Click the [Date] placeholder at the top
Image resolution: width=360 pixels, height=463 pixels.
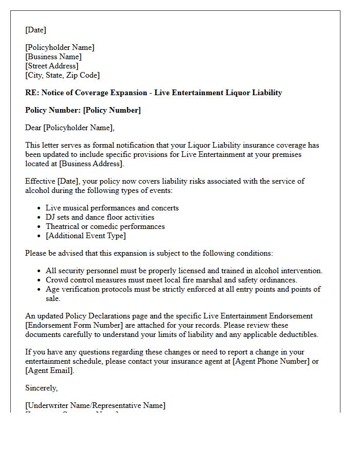coord(35,30)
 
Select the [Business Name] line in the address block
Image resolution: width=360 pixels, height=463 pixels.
coord(53,57)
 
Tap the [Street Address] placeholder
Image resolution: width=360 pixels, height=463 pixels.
coord(52,66)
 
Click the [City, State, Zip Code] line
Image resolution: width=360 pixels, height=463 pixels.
coord(62,75)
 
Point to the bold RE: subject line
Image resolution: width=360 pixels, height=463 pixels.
coord(153,93)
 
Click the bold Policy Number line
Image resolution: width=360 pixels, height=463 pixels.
coord(82,110)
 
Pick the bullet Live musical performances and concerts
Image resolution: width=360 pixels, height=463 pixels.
coord(112,208)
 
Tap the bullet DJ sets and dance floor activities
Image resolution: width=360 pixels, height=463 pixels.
coord(100,217)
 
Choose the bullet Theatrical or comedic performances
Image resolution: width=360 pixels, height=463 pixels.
coord(105,226)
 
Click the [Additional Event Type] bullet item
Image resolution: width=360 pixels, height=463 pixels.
coord(85,236)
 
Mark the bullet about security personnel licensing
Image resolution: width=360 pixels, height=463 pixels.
coord(184,271)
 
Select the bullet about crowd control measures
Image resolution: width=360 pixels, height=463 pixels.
coord(171,280)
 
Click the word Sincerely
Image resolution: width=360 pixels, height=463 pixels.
coord(41,388)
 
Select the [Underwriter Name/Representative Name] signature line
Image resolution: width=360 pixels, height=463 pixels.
coord(95,405)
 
